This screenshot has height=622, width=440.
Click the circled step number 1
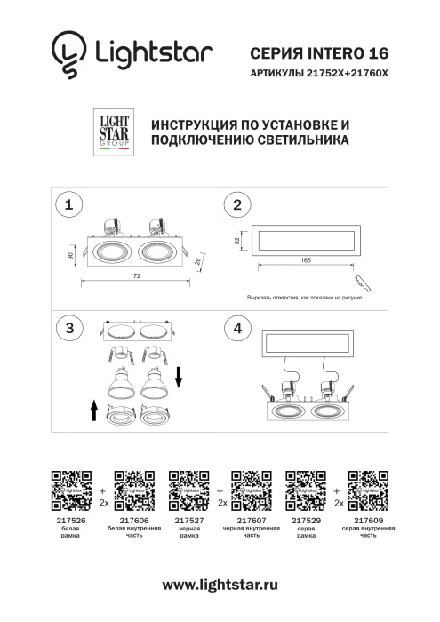(68, 205)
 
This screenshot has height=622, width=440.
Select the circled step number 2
(236, 205)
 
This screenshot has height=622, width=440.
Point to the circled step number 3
(68, 328)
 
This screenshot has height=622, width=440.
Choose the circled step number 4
(236, 328)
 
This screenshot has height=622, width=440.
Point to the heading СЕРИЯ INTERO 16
(320, 54)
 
